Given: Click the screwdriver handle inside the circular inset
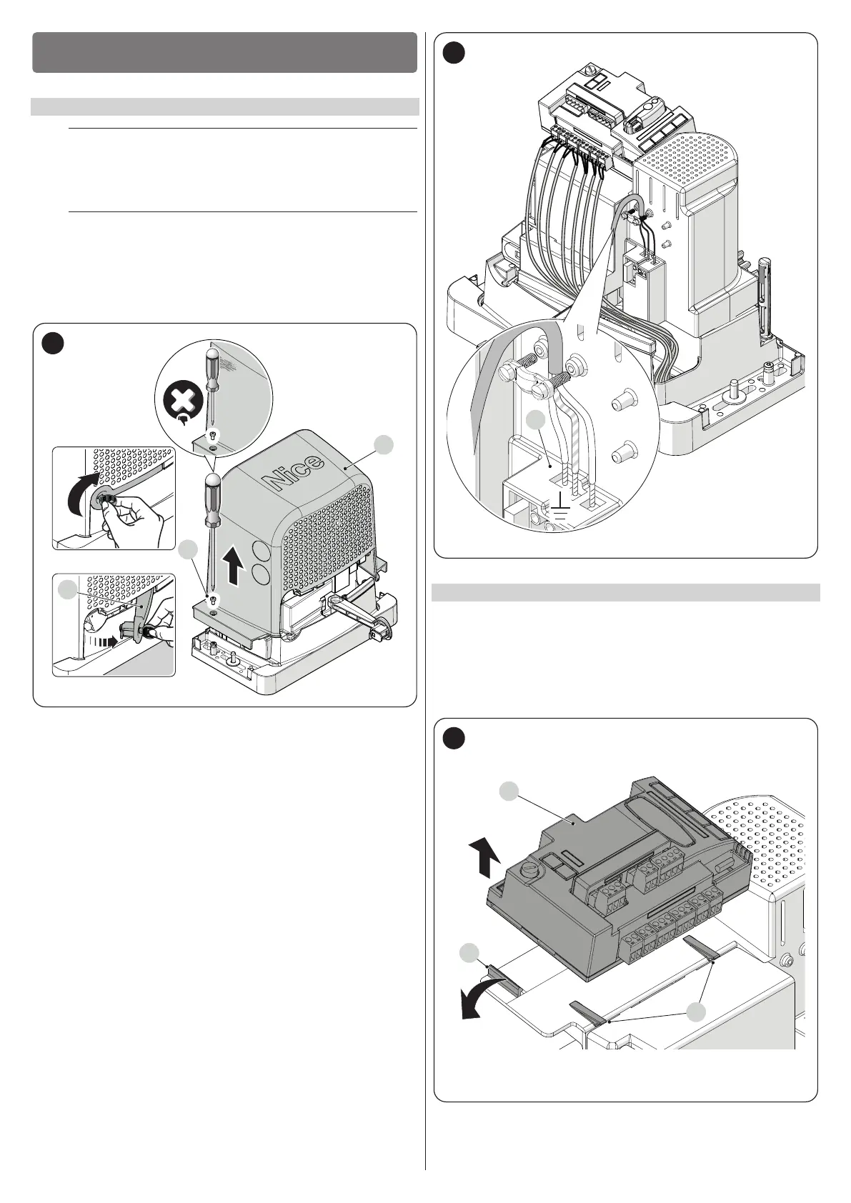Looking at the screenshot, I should tap(211, 366).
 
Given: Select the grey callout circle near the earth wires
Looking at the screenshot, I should tap(537, 422).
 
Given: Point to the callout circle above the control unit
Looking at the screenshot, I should tap(508, 790).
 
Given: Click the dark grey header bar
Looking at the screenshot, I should tap(224, 52).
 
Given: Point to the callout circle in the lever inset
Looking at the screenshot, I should tap(67, 590).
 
